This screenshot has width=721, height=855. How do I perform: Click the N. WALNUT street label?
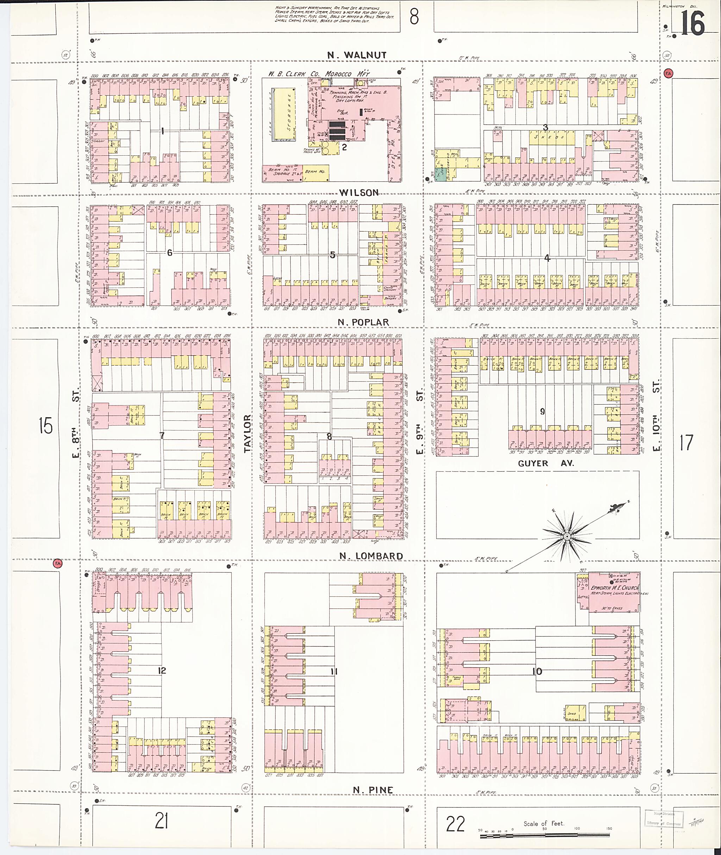coord(356,55)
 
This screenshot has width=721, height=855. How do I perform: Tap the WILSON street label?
coord(358,193)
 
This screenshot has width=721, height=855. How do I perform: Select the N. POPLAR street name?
coord(363,322)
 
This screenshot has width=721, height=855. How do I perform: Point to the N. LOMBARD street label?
coord(371,556)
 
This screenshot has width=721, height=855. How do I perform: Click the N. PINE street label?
coord(373,790)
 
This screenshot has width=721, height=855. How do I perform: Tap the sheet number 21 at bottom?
coord(162,820)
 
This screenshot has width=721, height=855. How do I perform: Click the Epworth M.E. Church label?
coord(614,588)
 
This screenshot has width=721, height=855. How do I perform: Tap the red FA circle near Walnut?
coord(669,73)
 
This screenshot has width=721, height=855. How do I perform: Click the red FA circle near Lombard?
coord(58,564)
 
